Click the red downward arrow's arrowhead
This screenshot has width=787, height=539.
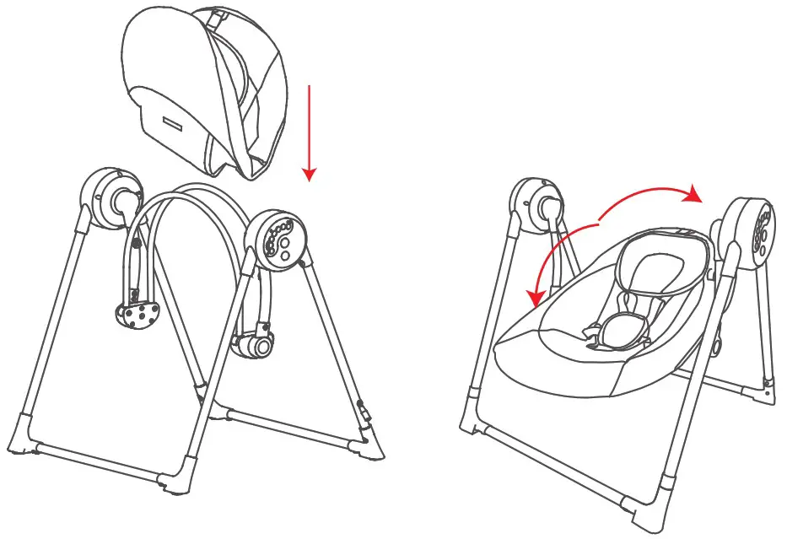310,174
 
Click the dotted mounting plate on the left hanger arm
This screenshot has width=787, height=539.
137,315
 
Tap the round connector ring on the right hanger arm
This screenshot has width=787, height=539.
261,345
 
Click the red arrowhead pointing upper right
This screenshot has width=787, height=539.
693,195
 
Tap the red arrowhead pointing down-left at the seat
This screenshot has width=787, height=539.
532,299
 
